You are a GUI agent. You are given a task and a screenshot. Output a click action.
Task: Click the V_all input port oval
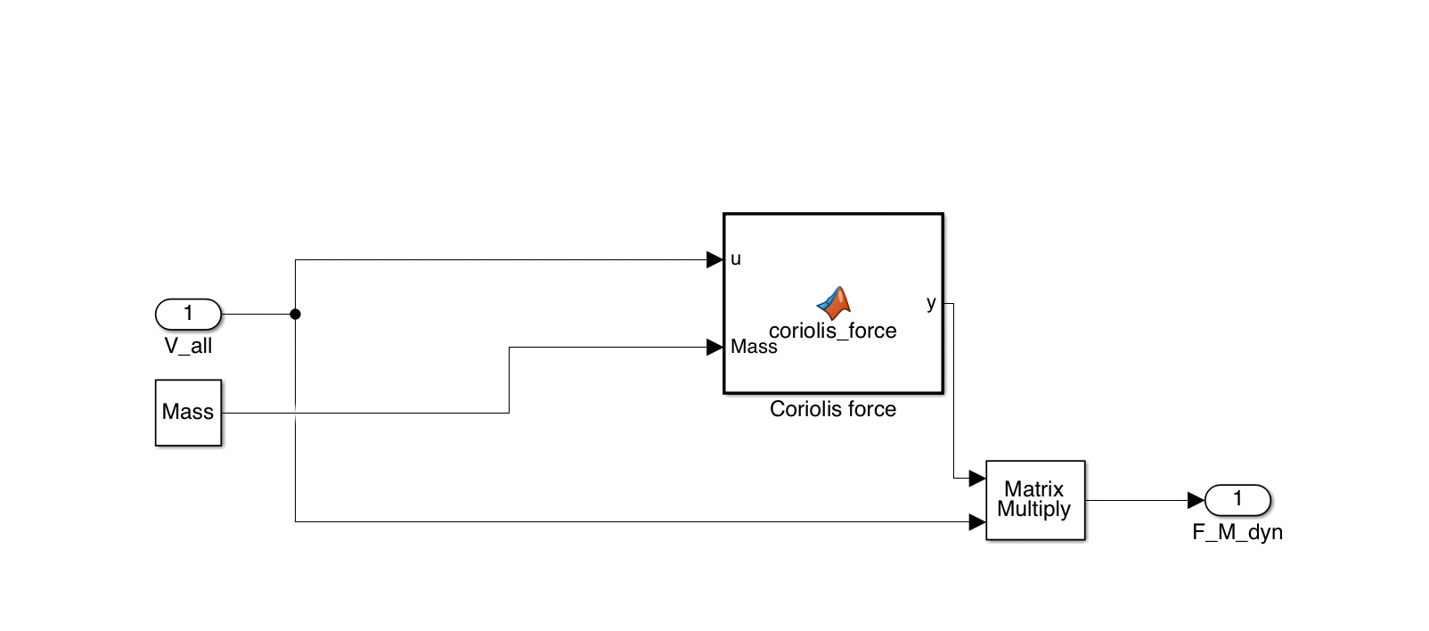[188, 314]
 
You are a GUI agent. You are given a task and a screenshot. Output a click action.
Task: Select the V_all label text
[188, 347]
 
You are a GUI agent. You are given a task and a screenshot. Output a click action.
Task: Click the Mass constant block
[188, 413]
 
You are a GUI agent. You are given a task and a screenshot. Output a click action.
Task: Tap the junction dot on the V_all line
[296, 314]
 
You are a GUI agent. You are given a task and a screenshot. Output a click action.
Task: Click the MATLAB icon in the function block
[834, 303]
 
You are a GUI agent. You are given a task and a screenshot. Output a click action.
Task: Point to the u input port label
[736, 259]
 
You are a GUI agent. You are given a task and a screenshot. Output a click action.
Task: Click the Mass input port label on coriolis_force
[754, 348]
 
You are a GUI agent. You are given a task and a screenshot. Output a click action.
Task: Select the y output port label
[931, 303]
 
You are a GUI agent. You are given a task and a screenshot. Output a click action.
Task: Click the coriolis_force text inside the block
[833, 332]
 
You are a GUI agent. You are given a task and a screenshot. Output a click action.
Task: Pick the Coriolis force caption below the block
[833, 409]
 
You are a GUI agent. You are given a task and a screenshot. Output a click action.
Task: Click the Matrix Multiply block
[1035, 500]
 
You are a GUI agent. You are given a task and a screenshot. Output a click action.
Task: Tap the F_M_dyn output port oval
[1237, 500]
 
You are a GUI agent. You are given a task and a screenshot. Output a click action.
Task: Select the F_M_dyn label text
[1237, 533]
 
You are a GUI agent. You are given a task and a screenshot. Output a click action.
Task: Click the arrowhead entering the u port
[714, 259]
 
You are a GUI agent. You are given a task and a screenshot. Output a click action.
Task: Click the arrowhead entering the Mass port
[714, 348]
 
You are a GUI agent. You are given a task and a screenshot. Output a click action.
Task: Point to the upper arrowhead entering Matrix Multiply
[977, 479]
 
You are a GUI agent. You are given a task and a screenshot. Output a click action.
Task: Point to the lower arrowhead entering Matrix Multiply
[977, 522]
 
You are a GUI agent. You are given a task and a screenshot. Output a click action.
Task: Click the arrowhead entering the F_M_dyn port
[1196, 501]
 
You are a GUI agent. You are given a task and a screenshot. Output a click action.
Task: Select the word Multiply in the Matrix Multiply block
[1034, 510]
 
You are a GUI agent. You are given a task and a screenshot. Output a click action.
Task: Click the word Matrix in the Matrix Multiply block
[1034, 489]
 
